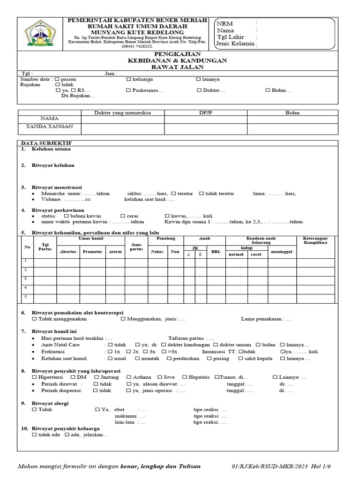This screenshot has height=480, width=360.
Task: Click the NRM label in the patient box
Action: pyautogui.click(x=225, y=24)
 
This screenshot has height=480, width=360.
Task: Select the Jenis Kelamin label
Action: pyautogui.click(x=235, y=44)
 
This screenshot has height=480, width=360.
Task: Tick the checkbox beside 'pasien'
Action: pyautogui.click(x=57, y=79)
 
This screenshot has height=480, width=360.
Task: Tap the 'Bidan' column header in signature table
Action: pyautogui.click(x=292, y=112)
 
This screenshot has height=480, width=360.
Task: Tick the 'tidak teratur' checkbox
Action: pyautogui.click(x=202, y=194)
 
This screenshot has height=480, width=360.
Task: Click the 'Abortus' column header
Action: pyautogui.click(x=68, y=252)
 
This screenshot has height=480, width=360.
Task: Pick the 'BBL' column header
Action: pyautogui.click(x=216, y=252)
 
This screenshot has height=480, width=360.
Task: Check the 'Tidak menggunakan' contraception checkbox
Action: pyautogui.click(x=35, y=319)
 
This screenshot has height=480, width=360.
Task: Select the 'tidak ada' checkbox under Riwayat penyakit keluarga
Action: pyautogui.click(x=35, y=435)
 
